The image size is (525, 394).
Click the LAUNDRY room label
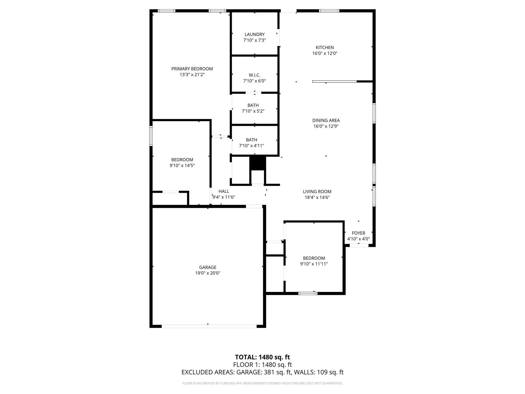coord(254,34)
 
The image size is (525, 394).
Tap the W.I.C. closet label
coord(254,75)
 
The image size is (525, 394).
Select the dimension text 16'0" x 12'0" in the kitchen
coord(325,53)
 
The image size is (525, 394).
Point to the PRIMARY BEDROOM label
coord(192,69)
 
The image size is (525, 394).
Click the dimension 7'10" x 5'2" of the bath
coord(253,111)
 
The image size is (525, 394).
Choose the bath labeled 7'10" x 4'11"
coord(251,143)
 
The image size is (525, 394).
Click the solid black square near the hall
coord(258,163)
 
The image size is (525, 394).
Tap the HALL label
coord(224,191)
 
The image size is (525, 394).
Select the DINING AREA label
coord(326,120)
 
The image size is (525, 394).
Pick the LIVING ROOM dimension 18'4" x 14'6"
coord(317,197)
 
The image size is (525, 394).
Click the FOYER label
coord(358,233)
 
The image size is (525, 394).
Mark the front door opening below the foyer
coord(359,245)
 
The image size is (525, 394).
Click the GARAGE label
coord(208,267)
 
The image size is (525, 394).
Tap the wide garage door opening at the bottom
coord(209,326)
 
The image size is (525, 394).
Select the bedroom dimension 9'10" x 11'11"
coord(314,264)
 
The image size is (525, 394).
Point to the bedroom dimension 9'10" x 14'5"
coord(182,165)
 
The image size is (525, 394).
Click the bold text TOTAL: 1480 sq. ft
coord(262,357)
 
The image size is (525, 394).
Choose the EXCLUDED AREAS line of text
coord(262,372)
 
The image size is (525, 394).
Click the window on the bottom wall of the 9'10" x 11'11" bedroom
coord(308,293)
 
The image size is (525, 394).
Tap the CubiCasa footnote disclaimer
coord(262,383)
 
